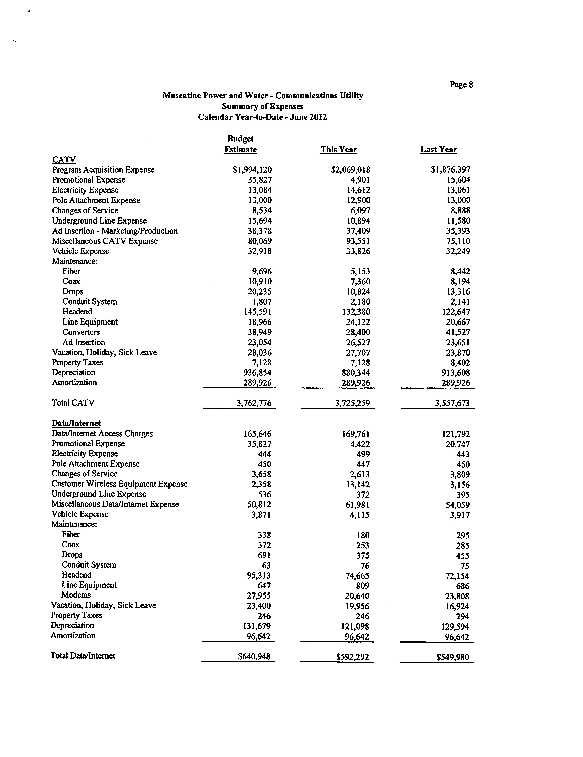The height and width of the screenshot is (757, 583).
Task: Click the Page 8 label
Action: click(461, 85)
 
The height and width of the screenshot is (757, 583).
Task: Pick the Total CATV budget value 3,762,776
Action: click(254, 403)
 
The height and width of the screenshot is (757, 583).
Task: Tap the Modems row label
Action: click(76, 595)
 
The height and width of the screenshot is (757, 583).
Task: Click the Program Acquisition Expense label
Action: click(103, 170)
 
